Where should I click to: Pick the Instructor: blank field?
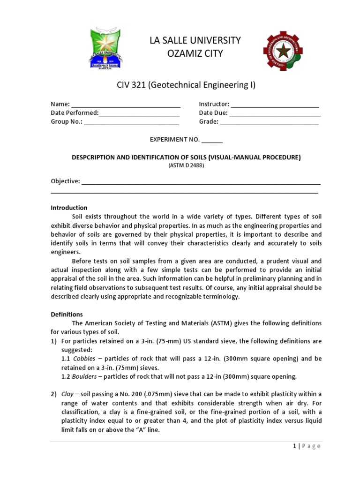[275, 105]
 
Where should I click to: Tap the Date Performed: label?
[75, 113]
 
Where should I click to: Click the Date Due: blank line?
[275, 113]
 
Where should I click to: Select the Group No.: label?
[67, 122]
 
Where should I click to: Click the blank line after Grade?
[269, 122]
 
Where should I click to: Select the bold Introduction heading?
[69, 208]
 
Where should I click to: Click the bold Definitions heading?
[67, 314]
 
